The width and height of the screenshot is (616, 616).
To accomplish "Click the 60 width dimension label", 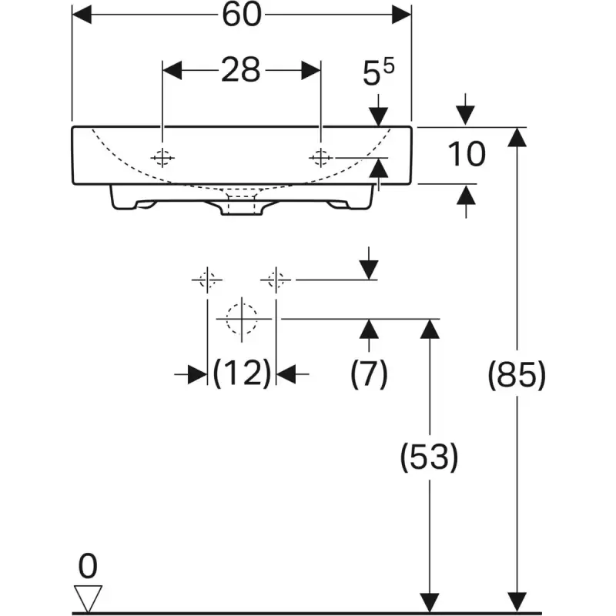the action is (x=242, y=15).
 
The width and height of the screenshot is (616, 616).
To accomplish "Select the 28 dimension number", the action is (x=241, y=70).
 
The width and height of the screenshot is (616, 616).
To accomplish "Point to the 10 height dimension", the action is (x=467, y=154).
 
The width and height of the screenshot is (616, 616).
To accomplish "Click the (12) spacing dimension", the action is (x=242, y=373).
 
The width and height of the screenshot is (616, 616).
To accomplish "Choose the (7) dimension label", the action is (x=369, y=373).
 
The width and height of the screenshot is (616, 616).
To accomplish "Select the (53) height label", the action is (x=430, y=457).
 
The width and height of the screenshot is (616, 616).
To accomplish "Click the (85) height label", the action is (x=517, y=375).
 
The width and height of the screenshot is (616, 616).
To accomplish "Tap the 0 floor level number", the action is (x=88, y=566).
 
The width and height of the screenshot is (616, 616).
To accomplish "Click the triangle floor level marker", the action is (x=88, y=598).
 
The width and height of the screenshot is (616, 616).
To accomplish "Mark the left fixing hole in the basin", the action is (x=162, y=158).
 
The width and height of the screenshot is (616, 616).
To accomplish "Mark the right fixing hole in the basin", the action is (x=321, y=158).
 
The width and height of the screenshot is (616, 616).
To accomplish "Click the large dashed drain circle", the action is (x=242, y=319).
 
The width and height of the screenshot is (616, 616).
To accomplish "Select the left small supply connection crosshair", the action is (x=207, y=280).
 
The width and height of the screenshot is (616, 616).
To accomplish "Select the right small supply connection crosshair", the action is (x=276, y=280).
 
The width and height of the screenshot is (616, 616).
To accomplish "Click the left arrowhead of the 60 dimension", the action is (x=82, y=15).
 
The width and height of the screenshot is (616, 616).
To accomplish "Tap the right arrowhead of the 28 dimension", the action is (x=311, y=70).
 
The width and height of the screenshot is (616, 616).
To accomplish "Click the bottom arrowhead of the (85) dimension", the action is (x=517, y=602).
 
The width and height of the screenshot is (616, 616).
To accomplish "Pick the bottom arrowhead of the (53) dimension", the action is (x=430, y=602).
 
